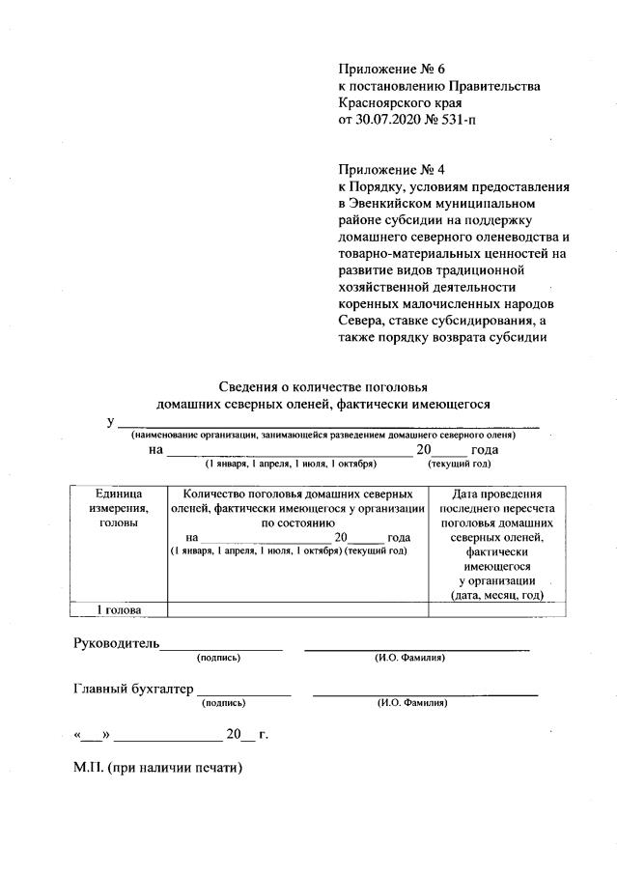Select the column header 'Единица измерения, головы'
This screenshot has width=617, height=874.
click(x=119, y=507)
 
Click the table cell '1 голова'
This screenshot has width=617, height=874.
click(x=119, y=610)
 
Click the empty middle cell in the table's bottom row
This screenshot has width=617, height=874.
click(x=297, y=610)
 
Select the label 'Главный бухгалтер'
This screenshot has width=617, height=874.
click(x=133, y=689)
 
